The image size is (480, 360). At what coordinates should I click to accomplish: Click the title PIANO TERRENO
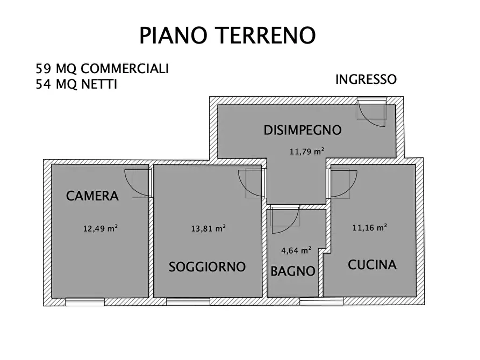point(227,35)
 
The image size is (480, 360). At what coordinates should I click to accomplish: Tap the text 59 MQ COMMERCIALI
point(102,69)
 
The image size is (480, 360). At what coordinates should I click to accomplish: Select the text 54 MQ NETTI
point(76,84)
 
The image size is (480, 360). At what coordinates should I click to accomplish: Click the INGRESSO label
point(366,80)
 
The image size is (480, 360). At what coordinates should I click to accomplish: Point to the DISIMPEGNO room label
point(303,129)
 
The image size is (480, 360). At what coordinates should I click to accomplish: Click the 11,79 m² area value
point(307,151)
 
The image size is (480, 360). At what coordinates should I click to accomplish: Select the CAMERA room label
point(92,196)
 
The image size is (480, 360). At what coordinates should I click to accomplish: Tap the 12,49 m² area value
point(100,228)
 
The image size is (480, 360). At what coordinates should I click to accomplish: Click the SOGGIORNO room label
point(207,267)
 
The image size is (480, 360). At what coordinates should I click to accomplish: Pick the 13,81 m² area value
point(208,228)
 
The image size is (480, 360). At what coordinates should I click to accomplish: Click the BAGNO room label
point(292,271)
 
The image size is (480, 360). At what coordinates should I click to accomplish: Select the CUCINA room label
point(372,264)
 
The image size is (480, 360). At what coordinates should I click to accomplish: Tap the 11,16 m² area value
point(370,227)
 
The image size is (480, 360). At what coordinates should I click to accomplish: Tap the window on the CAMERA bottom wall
point(84,301)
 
